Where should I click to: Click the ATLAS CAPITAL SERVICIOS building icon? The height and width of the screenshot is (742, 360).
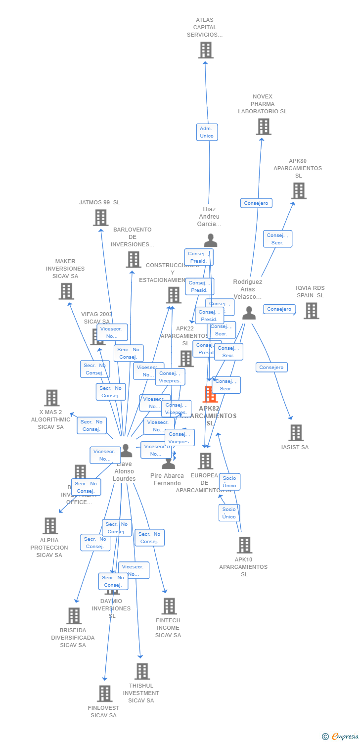coord(206,50)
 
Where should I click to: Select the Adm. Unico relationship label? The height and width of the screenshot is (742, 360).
coord(207,132)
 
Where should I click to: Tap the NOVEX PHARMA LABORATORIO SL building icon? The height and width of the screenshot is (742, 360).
coord(263,127)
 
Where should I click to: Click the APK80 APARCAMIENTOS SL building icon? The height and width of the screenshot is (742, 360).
coord(298,191)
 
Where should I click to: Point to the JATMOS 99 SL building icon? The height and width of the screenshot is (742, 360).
coord(100,218)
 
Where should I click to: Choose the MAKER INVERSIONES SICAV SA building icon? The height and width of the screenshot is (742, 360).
coord(66,291)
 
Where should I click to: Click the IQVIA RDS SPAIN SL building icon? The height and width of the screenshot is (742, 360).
coord(311,311)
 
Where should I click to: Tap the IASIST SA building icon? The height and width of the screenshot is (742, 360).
coord(296,433)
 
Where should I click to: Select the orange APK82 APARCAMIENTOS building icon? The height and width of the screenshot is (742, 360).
coord(210,394)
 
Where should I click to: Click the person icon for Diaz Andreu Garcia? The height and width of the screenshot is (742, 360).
coord(211,240)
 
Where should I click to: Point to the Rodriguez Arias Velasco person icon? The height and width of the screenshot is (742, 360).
coord(249,313)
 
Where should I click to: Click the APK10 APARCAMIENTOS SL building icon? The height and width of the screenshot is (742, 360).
coord(244,545)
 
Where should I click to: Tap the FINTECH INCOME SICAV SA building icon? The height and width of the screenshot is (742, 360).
coord(169,606)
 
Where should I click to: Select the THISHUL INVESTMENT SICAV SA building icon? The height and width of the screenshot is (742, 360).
coord(142,671)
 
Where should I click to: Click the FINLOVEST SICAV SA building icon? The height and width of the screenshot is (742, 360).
coord(104,694)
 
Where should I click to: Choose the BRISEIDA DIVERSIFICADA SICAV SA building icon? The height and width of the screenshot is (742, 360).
coord(74,616)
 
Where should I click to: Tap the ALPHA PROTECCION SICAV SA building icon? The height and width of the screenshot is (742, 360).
coord(50,526)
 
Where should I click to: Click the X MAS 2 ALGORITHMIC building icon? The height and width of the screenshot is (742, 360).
coord(51,398)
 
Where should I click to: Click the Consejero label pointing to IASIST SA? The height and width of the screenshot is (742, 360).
coord(271,367)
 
